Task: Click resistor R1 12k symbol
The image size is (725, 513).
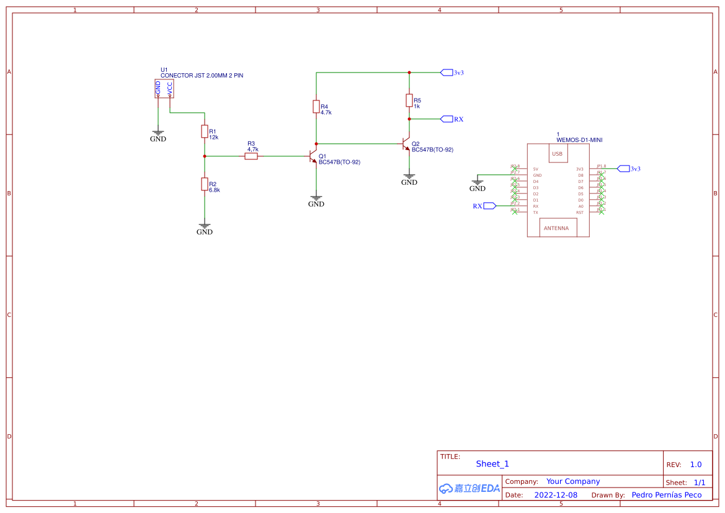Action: (x=204, y=132)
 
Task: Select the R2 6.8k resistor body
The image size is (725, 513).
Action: (x=204, y=184)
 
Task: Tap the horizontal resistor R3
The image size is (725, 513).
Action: (x=251, y=156)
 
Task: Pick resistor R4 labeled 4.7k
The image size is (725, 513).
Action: (x=316, y=107)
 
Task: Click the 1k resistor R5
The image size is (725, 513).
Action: (x=409, y=100)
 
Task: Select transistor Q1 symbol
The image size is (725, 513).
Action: (x=314, y=156)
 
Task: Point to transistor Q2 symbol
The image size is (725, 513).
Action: (x=407, y=144)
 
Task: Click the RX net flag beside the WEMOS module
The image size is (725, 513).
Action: (x=489, y=206)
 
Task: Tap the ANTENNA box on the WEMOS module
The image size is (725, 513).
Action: (x=558, y=228)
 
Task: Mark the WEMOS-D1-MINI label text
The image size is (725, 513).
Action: (x=579, y=140)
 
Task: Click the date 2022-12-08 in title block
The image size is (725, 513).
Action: (x=556, y=495)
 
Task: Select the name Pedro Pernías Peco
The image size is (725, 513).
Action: (x=666, y=495)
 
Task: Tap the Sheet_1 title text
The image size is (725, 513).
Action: (x=492, y=464)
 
